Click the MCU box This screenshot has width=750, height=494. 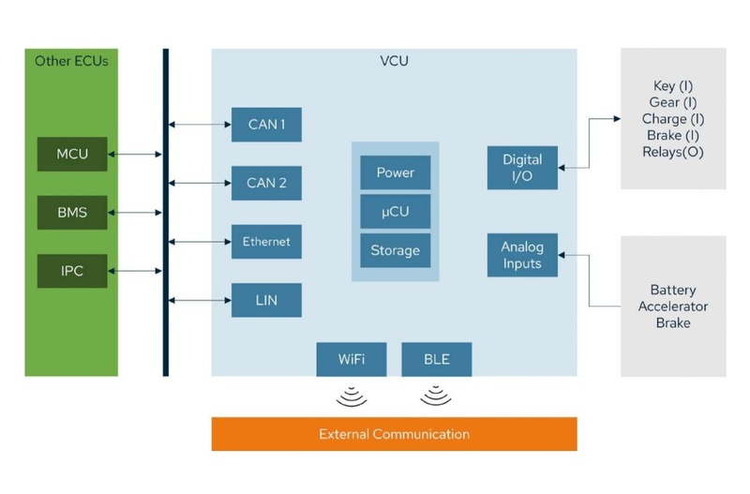click(x=72, y=154)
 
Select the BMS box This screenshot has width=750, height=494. click(x=72, y=213)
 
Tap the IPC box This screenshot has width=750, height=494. click(x=72, y=271)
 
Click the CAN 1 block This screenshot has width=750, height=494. click(x=266, y=125)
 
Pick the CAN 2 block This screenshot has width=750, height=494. click(x=266, y=183)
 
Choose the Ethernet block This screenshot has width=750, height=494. click(x=266, y=242)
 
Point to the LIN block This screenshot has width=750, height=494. click(x=266, y=300)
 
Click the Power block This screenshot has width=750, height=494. click(x=395, y=172)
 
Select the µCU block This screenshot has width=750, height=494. click(x=395, y=212)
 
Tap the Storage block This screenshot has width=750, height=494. click(x=395, y=250)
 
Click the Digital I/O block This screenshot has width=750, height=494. click(x=522, y=168)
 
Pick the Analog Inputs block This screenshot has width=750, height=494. click(x=522, y=255)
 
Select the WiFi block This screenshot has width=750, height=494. click(x=352, y=359)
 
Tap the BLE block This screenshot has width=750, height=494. click(x=436, y=359)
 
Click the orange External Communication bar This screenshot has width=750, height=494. click(x=394, y=434)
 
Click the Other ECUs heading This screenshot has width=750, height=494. click(x=71, y=61)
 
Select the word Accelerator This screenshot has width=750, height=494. click(x=673, y=307)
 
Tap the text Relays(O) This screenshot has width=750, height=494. click(x=673, y=153)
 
